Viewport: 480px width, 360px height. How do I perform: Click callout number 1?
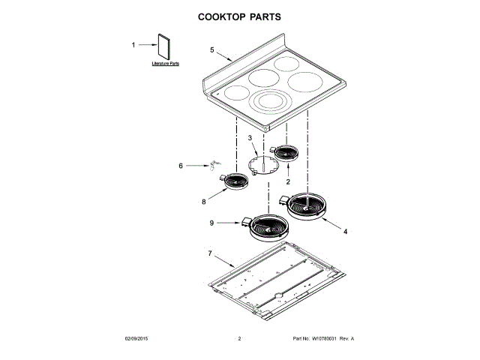[x=134, y=45]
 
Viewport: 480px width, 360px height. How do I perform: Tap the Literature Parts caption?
[x=165, y=64]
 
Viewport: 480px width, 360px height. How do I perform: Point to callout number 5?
[x=212, y=49]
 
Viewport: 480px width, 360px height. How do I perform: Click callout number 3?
[x=250, y=138]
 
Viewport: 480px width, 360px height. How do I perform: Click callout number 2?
[x=288, y=181]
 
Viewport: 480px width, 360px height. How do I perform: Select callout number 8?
[x=203, y=201]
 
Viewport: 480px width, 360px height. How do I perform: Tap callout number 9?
[x=211, y=223]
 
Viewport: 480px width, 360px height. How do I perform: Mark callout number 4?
[x=345, y=232]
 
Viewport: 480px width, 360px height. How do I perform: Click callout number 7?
[x=210, y=253]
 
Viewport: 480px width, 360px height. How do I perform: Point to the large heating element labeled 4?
[x=307, y=205]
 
